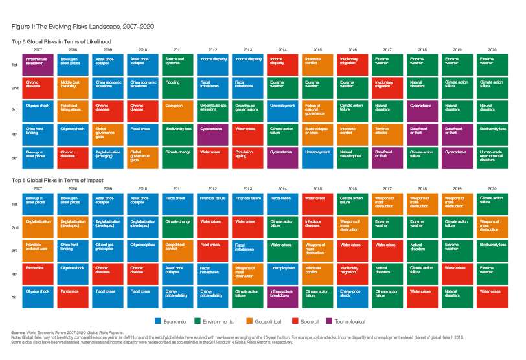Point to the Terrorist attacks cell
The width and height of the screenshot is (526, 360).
pyautogui.click(x=387, y=133)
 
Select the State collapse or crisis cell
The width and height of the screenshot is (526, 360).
pyautogui.click(x=318, y=133)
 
